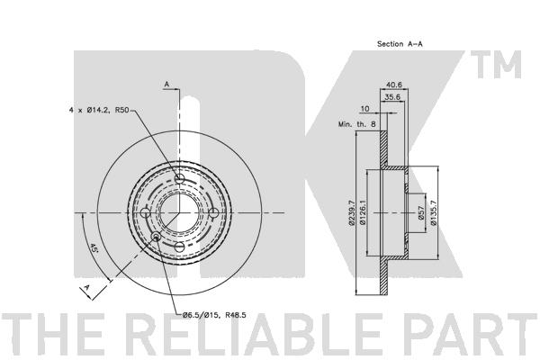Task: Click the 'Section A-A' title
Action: [400, 44]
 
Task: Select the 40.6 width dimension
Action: [394, 85]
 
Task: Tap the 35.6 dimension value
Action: [392, 97]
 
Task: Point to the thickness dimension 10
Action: [364, 109]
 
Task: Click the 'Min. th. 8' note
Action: [357, 124]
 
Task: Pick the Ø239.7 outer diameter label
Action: [352, 213]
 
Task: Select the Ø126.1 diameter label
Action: [363, 213]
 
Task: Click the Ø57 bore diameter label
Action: [420, 213]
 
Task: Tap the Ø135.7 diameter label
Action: [434, 213]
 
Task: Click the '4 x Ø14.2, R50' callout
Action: [99, 110]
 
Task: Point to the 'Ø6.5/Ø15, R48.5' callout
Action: [214, 314]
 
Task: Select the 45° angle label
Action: [94, 248]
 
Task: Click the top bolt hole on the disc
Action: [179, 179]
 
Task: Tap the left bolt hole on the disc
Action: [146, 213]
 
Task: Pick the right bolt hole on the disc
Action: [213, 213]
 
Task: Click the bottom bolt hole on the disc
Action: [179, 247]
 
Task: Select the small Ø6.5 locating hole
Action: [156, 237]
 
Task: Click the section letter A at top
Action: [166, 84]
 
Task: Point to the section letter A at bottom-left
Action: [86, 287]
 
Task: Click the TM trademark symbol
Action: [496, 65]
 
